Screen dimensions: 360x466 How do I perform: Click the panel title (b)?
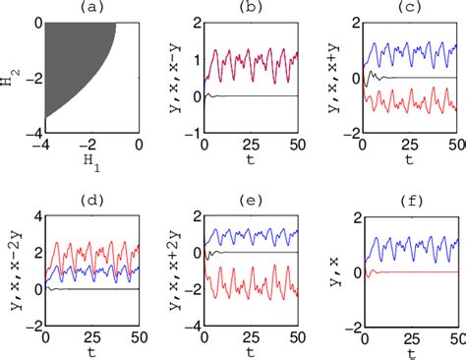(250, 9)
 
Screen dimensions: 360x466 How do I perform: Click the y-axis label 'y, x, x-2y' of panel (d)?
(11, 266)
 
